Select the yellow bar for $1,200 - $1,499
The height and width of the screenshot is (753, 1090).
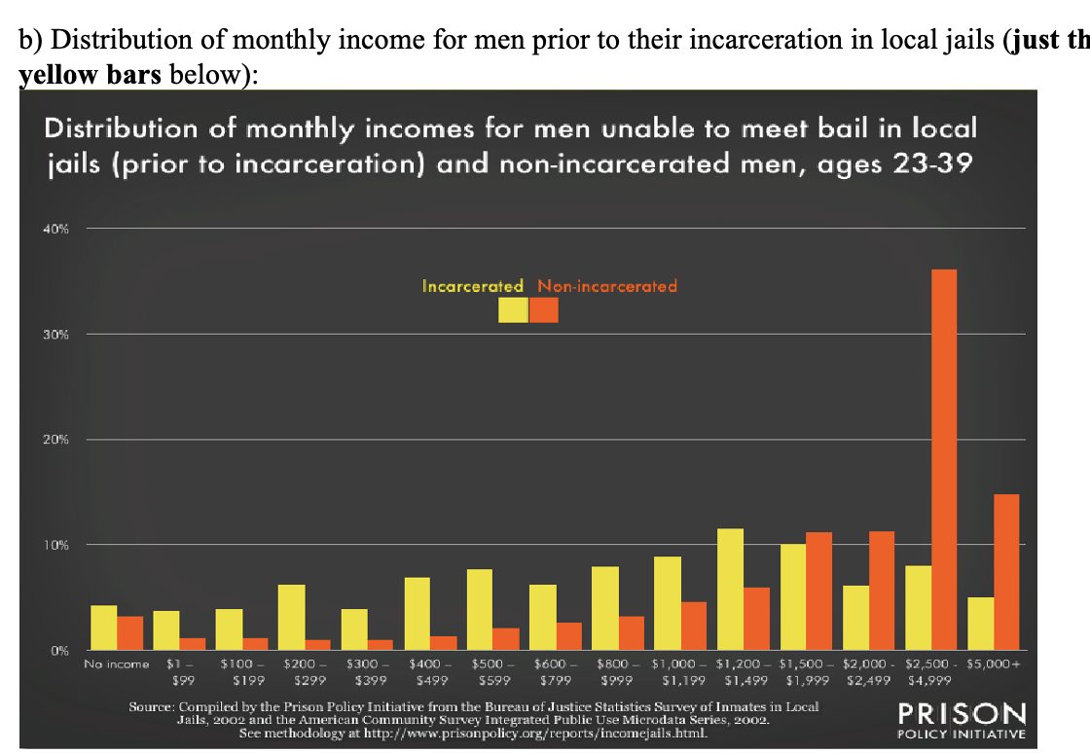pyautogui.click(x=730, y=589)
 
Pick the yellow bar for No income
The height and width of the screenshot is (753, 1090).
pyautogui.click(x=103, y=627)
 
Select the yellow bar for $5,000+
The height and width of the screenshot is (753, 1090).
pyautogui.click(x=981, y=623)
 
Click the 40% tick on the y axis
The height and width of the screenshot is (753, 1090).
pyautogui.click(x=55, y=230)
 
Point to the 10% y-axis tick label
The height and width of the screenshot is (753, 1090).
pyautogui.click(x=55, y=545)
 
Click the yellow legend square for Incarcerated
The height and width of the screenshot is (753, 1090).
pyautogui.click(x=512, y=309)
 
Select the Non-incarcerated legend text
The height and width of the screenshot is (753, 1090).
pyautogui.click(x=607, y=286)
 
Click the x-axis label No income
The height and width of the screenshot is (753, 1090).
pyautogui.click(x=117, y=664)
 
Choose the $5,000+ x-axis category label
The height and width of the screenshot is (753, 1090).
pyautogui.click(x=997, y=664)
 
